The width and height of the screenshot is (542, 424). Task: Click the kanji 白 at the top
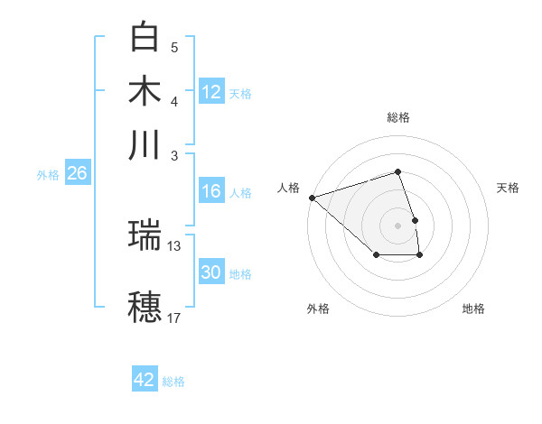145,37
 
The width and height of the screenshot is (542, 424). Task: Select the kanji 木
145,91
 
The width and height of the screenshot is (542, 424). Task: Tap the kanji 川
145,145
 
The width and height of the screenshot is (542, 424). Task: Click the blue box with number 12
211,92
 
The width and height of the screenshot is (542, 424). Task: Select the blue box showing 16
211,191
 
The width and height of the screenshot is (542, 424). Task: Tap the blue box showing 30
211,272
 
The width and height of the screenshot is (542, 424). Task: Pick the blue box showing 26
77,174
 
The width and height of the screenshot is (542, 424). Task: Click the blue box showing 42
145,380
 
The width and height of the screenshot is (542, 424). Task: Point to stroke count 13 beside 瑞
174,245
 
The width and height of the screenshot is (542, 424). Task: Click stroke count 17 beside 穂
174,318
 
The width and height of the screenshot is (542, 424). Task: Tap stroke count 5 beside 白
174,47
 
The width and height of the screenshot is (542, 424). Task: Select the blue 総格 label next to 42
173,382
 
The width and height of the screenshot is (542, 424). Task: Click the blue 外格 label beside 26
48,175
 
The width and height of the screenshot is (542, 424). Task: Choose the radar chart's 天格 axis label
508,188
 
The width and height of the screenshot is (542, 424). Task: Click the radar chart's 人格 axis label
288,188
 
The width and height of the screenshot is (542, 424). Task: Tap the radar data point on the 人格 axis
312,197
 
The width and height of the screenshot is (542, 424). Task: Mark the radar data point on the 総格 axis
397,171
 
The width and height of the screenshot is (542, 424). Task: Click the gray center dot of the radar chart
397,225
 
